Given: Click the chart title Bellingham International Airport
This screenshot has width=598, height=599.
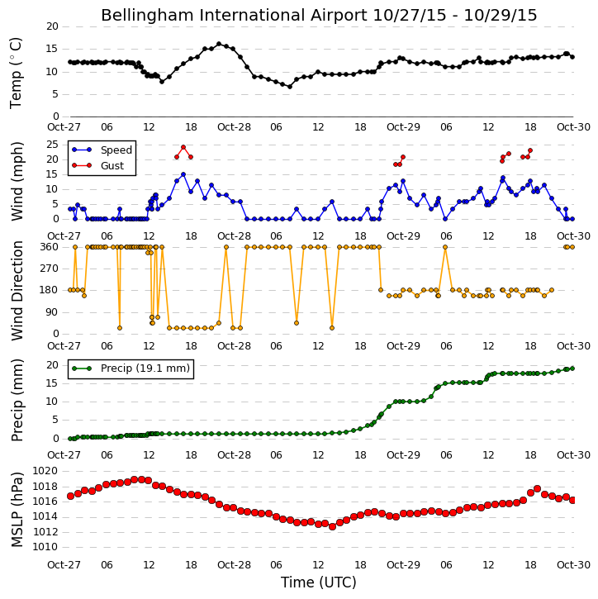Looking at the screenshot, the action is click(x=234, y=16).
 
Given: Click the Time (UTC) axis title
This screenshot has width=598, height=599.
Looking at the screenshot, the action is click(x=319, y=583).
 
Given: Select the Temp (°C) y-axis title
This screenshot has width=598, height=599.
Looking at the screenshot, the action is click(x=16, y=73).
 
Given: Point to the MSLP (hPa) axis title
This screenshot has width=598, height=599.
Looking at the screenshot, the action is click(x=17, y=510).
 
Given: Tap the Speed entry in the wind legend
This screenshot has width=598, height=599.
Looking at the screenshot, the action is click(x=116, y=150).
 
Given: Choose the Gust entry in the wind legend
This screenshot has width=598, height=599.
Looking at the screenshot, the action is click(x=112, y=165).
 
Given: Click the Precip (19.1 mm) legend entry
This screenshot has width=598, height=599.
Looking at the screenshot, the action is click(x=145, y=368).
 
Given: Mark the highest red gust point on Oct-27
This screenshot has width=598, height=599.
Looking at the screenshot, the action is click(x=183, y=147).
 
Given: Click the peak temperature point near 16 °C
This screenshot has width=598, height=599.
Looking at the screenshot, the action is click(x=219, y=44).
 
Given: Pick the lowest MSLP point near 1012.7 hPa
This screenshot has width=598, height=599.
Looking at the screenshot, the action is click(x=332, y=527).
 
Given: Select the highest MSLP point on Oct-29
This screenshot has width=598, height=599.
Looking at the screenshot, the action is click(x=537, y=488).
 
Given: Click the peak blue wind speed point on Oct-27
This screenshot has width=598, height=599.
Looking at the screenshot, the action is click(x=183, y=174).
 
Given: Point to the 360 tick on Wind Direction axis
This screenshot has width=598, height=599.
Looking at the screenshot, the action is click(x=50, y=247).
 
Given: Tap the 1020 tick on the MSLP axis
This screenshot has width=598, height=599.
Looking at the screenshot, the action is click(x=45, y=471).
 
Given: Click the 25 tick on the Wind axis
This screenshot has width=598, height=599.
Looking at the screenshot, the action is click(x=52, y=145).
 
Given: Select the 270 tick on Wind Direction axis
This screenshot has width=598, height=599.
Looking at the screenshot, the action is click(x=50, y=269).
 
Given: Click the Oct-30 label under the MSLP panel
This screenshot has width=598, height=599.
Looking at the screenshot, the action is click(x=573, y=564).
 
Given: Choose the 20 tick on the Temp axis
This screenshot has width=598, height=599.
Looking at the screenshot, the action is click(x=52, y=26).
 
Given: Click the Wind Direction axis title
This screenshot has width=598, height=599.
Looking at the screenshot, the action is click(x=17, y=291).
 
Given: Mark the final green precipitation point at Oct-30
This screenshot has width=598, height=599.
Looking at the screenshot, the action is click(x=572, y=368).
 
